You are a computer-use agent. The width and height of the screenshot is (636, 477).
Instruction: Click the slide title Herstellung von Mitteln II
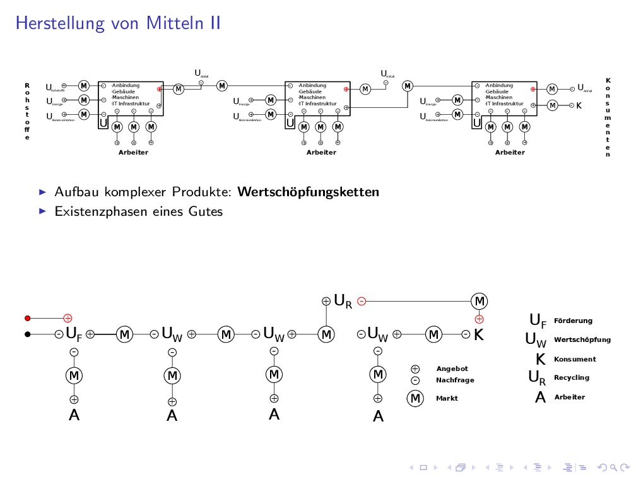pos(118,23)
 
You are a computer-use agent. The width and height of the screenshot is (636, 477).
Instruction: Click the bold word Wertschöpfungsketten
pos(309,191)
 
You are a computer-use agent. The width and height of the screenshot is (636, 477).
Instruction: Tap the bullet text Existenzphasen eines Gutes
pos(139,211)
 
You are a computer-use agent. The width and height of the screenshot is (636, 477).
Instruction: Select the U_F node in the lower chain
pos(74,334)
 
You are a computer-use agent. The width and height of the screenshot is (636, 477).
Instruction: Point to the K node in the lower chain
pos(478,334)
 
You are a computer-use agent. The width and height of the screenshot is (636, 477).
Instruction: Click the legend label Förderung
pos(573,321)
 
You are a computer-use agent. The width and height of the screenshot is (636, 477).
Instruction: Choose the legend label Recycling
pos(571,377)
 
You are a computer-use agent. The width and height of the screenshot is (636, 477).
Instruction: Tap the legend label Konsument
pos(574,359)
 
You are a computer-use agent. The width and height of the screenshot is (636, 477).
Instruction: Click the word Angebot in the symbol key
pos(452,368)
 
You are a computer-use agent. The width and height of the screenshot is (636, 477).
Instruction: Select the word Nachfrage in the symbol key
pos(455,380)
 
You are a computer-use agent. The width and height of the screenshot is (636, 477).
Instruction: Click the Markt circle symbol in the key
pos(415,399)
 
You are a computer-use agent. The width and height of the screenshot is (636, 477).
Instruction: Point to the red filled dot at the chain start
pos(27,318)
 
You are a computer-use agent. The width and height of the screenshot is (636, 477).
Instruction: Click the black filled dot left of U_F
pos(27,334)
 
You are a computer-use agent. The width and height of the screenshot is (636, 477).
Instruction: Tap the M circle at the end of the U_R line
pos(480,300)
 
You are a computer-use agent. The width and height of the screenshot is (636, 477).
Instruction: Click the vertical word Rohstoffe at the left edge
pos(27,111)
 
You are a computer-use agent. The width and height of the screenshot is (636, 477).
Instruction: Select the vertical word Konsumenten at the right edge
pos(608,117)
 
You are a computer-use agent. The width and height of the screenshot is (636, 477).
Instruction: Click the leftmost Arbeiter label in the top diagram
pos(133,153)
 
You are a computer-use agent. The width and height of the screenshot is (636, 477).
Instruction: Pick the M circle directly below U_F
pos(74,375)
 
